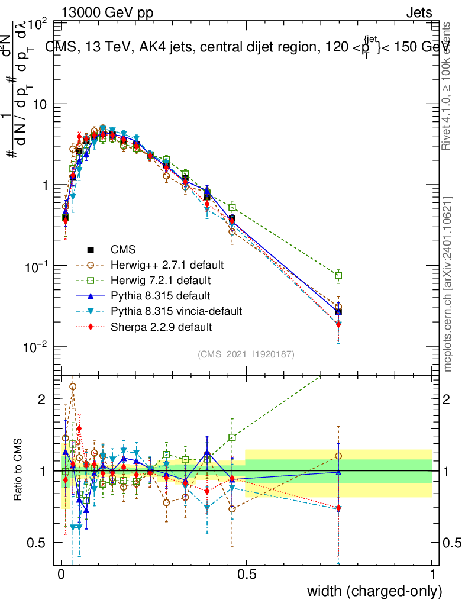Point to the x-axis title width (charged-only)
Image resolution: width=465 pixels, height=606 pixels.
374,591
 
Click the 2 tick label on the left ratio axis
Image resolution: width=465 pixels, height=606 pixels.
41,399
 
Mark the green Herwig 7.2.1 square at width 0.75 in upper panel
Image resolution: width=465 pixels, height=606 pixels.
338,276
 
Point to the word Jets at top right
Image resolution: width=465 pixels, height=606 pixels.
419,13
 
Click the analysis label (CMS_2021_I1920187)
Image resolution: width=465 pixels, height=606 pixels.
246,354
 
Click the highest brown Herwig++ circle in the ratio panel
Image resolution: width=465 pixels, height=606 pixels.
73,386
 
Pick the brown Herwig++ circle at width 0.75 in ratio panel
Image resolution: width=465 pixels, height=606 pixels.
338,456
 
